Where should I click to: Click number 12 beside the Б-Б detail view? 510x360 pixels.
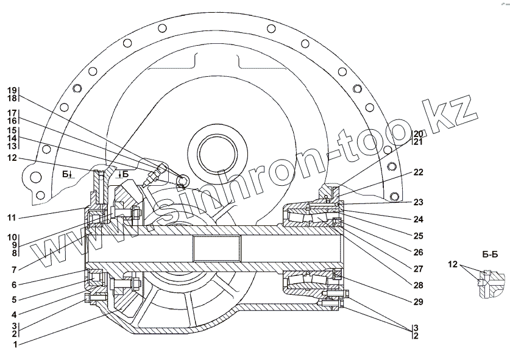point(453,264)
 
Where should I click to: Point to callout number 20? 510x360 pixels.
point(418,133)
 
